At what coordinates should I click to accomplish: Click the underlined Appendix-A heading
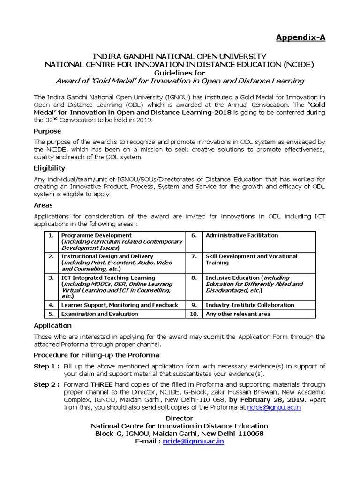pyautogui.click(x=300, y=37)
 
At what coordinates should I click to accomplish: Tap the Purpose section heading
pyautogui.click(x=47, y=131)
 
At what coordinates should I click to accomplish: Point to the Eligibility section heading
pyautogui.click(x=49, y=168)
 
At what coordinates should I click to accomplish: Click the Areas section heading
pyautogui.click(x=43, y=205)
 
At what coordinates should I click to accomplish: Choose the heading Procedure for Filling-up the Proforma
pyautogui.click(x=96, y=355)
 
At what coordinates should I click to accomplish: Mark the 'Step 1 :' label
pyautogui.click(x=46, y=366)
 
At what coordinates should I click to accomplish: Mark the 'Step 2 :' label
pyautogui.click(x=46, y=385)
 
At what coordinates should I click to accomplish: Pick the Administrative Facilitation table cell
pyautogui.click(x=242, y=235)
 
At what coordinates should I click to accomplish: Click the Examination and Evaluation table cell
pyautogui.click(x=100, y=314)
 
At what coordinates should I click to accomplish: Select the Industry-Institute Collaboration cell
pyautogui.click(x=250, y=305)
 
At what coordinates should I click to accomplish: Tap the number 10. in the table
pyautogui.click(x=194, y=314)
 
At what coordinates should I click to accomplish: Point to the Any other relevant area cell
pyautogui.click(x=238, y=314)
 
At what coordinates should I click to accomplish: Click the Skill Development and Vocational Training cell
pyautogui.click(x=251, y=260)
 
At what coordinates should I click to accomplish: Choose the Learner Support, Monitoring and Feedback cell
pyautogui.click(x=120, y=305)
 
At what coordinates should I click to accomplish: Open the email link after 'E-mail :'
pyautogui.click(x=193, y=442)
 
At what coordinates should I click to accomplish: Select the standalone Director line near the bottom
pyautogui.click(x=180, y=418)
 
